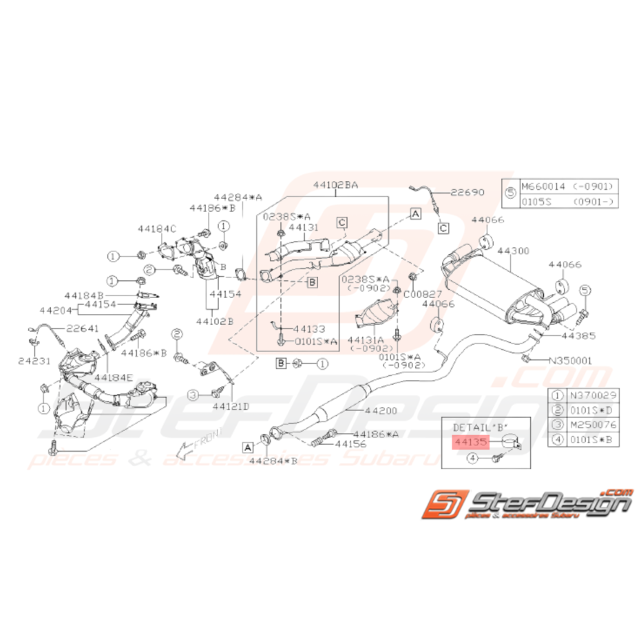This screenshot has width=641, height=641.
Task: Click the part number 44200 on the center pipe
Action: point(381,411)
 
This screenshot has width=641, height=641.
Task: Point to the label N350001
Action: point(570,359)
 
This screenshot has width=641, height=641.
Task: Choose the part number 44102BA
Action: point(335,185)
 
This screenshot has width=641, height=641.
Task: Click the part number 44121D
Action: point(231,406)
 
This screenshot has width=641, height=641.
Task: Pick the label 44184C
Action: point(156,228)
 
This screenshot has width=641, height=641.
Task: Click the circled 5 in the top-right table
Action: point(510,193)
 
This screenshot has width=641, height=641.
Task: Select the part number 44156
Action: point(350,445)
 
